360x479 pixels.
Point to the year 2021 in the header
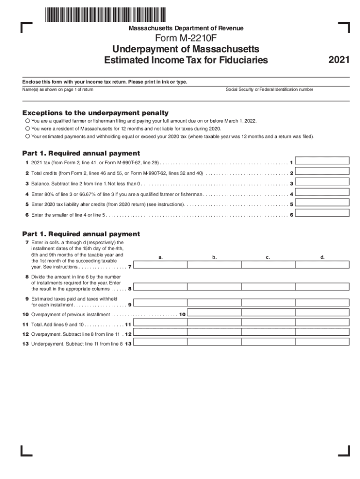point(338,60)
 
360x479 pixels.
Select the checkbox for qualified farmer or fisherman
point(28,121)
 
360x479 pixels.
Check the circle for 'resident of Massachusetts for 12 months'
point(28,129)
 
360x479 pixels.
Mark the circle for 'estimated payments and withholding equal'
point(28,137)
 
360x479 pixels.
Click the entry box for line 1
point(323,160)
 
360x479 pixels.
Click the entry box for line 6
point(323,213)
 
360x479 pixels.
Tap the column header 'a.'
point(160,257)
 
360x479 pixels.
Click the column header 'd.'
point(322,257)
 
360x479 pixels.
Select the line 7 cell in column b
point(214,264)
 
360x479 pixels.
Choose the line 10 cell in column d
point(322,312)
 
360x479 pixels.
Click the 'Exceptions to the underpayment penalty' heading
point(95,113)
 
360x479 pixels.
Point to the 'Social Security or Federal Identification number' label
point(269,89)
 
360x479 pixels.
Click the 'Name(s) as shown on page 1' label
point(58,89)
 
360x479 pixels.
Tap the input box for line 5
point(323,203)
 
